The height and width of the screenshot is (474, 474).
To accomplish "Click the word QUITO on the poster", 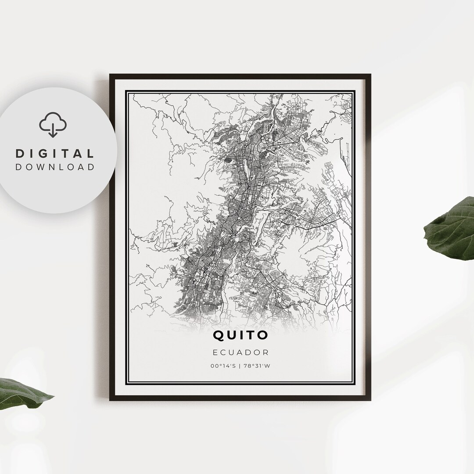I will tap(240, 335).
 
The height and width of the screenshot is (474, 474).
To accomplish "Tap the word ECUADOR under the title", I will tap(240, 352).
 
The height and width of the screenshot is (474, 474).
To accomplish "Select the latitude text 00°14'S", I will tap(223, 366).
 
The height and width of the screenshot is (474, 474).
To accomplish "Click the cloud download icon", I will tap(53, 124).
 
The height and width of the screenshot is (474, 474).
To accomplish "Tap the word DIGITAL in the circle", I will tap(55, 154).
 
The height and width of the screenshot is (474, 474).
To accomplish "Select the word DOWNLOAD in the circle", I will tap(55, 167).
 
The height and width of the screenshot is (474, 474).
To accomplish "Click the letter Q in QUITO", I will tap(219, 335).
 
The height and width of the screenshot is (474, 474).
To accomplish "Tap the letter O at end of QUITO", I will tap(262, 335).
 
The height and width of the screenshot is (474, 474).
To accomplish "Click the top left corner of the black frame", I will tap(111, 75).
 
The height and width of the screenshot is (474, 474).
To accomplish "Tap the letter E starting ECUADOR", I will tap(215, 352).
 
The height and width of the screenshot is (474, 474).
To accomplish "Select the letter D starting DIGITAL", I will tap(19, 154).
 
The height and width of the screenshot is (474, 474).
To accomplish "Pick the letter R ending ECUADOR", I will tap(266, 352).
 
